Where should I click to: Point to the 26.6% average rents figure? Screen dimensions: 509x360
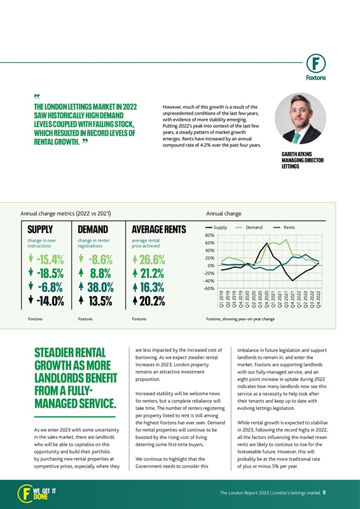pyautogui.click(x=153, y=260)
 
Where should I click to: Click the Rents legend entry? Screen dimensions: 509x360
pyautogui.click(x=289, y=227)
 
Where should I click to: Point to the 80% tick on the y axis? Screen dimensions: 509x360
pyautogui.click(x=209, y=235)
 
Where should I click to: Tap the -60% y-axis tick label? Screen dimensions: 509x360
pyautogui.click(x=208, y=288)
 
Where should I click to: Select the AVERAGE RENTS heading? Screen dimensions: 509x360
pyautogui.click(x=158, y=229)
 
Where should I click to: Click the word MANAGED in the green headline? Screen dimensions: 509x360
pyautogui.click(x=59, y=403)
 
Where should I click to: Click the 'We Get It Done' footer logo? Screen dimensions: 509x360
pyautogui.click(x=37, y=493)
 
